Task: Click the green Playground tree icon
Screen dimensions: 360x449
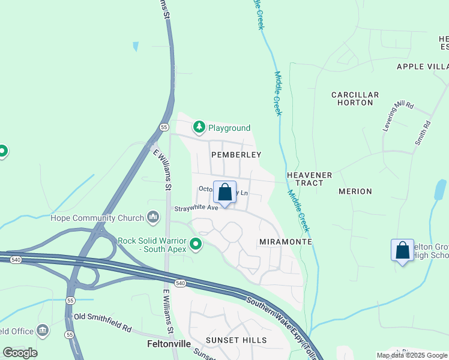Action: pyautogui.click(x=199, y=127)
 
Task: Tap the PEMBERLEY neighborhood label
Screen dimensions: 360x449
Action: pyautogui.click(x=236, y=154)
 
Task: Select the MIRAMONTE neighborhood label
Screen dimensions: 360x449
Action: pyautogui.click(x=285, y=241)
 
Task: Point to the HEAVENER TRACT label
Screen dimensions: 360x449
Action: pyautogui.click(x=309, y=179)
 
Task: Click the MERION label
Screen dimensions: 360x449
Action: pyautogui.click(x=355, y=191)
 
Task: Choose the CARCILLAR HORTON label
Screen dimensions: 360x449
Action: pyautogui.click(x=355, y=99)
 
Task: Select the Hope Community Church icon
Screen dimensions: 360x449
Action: pyautogui.click(x=153, y=217)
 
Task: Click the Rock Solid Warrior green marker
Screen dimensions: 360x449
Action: pyautogui.click(x=196, y=244)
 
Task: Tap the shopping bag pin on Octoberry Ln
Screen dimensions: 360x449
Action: pyautogui.click(x=224, y=193)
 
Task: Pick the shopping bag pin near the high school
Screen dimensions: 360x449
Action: pyautogui.click(x=402, y=251)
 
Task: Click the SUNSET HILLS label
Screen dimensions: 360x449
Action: pyautogui.click(x=236, y=340)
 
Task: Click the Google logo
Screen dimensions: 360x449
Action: pyautogui.click(x=20, y=353)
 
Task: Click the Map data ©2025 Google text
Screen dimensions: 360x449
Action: pyautogui.click(x=411, y=355)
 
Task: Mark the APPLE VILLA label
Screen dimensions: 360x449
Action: pyautogui.click(x=422, y=67)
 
